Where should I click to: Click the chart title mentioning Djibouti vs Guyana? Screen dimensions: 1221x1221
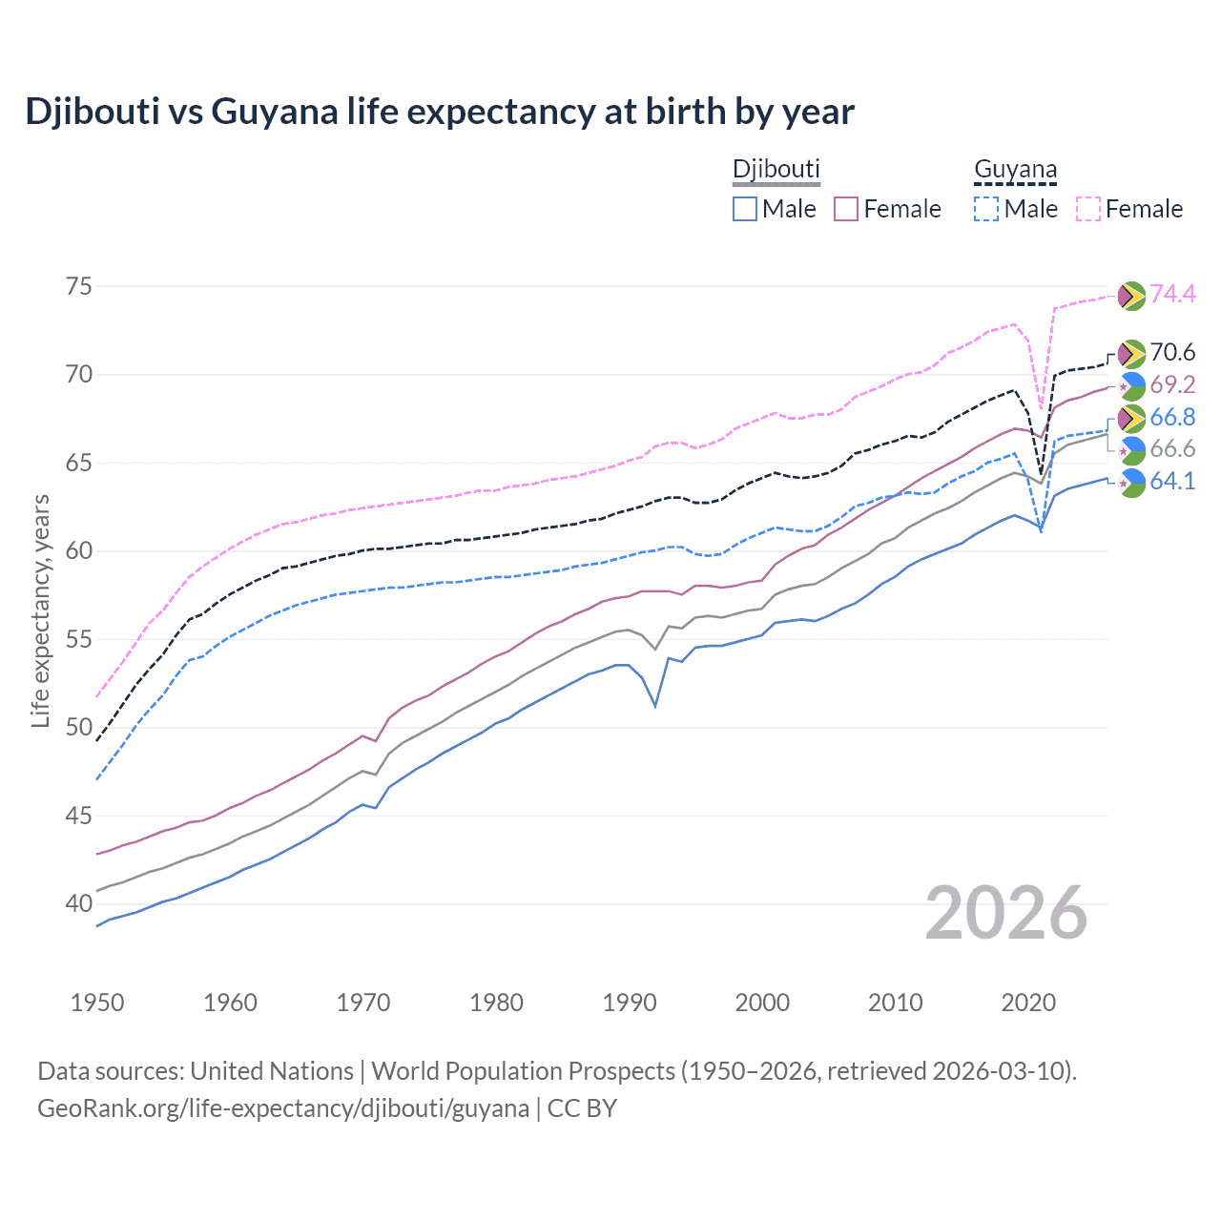(440, 112)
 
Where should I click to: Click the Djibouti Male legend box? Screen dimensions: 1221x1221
(745, 209)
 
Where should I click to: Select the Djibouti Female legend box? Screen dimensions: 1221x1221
(847, 209)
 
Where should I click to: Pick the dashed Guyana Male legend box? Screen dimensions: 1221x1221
(986, 209)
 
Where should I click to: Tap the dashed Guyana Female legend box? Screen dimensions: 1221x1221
(1088, 209)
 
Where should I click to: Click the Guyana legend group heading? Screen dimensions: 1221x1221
(1015, 170)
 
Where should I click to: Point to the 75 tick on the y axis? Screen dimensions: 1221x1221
(79, 286)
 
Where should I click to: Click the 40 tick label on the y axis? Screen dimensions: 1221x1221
(79, 903)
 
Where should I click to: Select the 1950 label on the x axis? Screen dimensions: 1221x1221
(97, 1003)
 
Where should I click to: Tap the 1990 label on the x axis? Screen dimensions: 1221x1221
(630, 1003)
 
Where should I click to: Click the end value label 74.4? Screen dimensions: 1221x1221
(1172, 294)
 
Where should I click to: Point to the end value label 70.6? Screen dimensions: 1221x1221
(1172, 352)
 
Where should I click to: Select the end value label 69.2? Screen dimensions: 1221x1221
(1172, 384)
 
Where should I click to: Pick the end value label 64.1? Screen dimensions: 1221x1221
(1172, 481)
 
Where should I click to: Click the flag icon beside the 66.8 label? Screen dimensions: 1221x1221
(1131, 418)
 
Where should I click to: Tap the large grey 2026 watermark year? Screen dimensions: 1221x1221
(1006, 913)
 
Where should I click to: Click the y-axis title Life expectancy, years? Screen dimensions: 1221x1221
(40, 610)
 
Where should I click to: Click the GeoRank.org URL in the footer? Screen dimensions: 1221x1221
(283, 1108)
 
